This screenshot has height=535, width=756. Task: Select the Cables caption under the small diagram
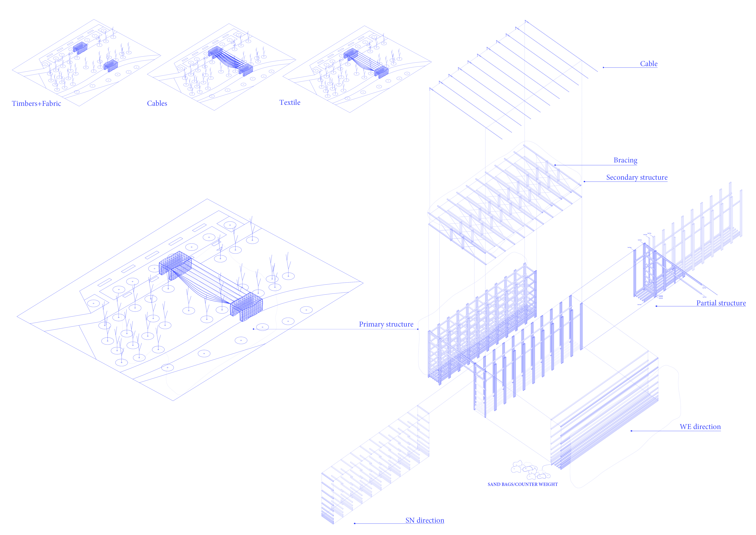[157, 103]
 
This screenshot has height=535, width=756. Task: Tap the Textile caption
[290, 102]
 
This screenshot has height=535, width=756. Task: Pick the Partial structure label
[721, 303]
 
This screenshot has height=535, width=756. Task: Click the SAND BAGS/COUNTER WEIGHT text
[523, 484]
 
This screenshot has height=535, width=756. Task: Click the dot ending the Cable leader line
[603, 68]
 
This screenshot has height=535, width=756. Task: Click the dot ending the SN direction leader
[355, 523]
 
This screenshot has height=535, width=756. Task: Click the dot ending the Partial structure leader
[656, 306]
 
